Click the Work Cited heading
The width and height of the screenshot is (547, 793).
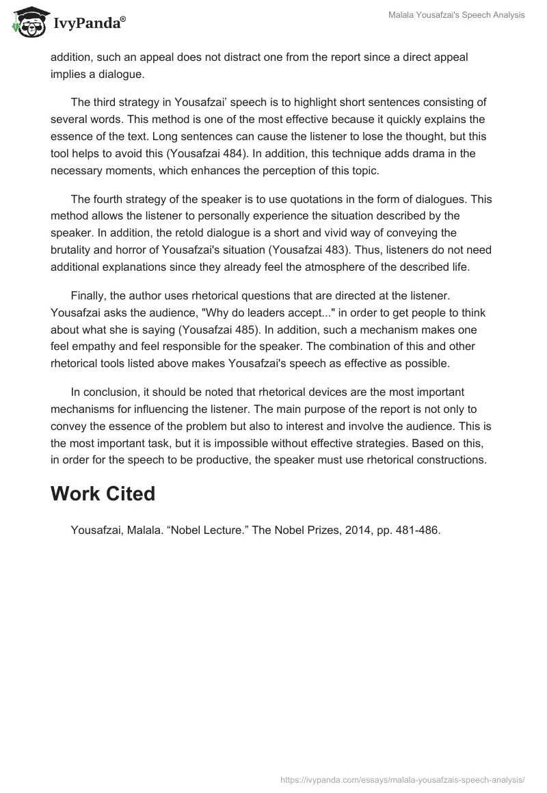pyautogui.click(x=103, y=494)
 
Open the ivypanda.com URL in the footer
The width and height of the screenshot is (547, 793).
pyautogui.click(x=403, y=779)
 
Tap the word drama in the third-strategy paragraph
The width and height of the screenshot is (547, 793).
pyautogui.click(x=402, y=152)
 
